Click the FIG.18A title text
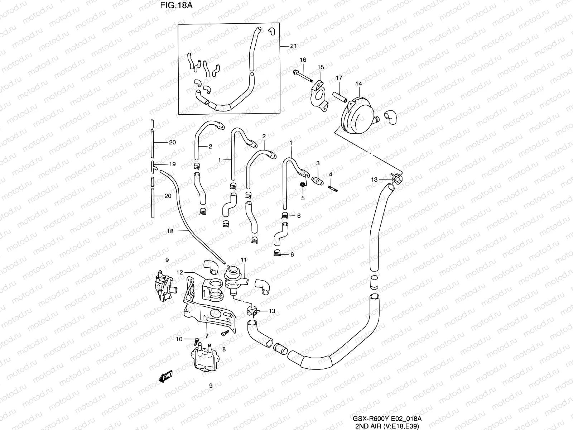tap(172, 6)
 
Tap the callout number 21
tap(293, 46)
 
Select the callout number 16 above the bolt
tap(303, 60)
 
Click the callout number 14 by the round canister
tap(358, 83)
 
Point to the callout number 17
tap(339, 78)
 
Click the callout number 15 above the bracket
tap(321, 67)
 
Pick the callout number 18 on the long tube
tap(170, 231)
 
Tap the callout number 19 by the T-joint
tap(172, 164)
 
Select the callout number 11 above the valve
tap(244, 259)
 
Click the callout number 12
tap(180, 273)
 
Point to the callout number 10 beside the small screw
tap(179, 339)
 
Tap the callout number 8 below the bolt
tap(224, 349)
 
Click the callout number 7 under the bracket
tap(207, 335)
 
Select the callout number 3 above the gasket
tap(317, 163)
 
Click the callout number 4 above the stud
tap(331, 174)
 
